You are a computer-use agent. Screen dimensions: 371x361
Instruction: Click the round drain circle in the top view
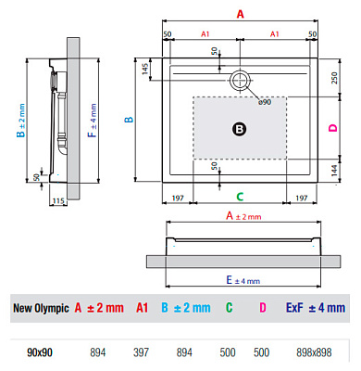click(x=240, y=79)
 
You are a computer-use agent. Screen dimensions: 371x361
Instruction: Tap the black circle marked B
click(x=239, y=130)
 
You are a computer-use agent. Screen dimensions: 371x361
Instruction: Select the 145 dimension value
click(x=145, y=70)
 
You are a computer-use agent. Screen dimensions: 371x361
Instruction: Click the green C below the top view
click(x=240, y=196)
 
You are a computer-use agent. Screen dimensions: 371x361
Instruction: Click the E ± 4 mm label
click(x=243, y=279)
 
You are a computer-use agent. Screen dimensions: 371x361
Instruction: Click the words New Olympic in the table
click(x=40, y=308)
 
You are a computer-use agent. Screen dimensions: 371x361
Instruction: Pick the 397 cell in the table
click(x=142, y=353)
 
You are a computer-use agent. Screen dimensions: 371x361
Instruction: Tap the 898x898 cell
click(x=316, y=353)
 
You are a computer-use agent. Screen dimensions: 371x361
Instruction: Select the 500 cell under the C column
click(x=228, y=353)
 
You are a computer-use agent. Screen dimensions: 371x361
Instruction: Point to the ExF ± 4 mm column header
click(x=316, y=308)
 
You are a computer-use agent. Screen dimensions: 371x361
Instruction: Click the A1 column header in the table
click(x=143, y=308)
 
